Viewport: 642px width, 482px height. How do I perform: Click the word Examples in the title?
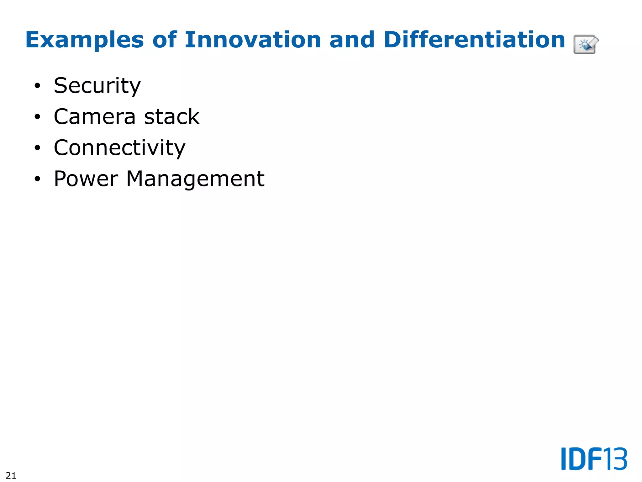coord(84,40)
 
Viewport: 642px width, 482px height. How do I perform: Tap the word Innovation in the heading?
coord(253,40)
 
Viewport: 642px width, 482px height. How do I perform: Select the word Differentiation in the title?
coord(474,40)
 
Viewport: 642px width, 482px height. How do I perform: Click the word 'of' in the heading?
coord(164,40)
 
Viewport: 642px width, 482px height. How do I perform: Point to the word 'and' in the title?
coord(352,40)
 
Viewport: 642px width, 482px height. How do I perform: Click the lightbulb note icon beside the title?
coord(586,44)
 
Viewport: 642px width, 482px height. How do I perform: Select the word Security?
coord(97,86)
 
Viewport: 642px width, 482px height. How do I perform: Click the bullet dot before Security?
coord(38,86)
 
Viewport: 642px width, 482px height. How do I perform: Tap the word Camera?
coord(95,116)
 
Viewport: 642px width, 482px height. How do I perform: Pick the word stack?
coord(172,116)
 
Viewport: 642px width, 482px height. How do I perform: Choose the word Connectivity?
coord(119,147)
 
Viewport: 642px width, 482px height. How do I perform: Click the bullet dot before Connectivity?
coord(38,148)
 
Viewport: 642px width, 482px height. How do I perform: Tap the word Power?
coord(86,179)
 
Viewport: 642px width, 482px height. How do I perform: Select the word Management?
coord(195,179)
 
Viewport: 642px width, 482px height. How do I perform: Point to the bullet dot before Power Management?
coord(38,179)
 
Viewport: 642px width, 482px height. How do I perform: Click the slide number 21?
coord(11,475)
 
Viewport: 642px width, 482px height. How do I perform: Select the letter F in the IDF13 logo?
coord(595,459)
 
